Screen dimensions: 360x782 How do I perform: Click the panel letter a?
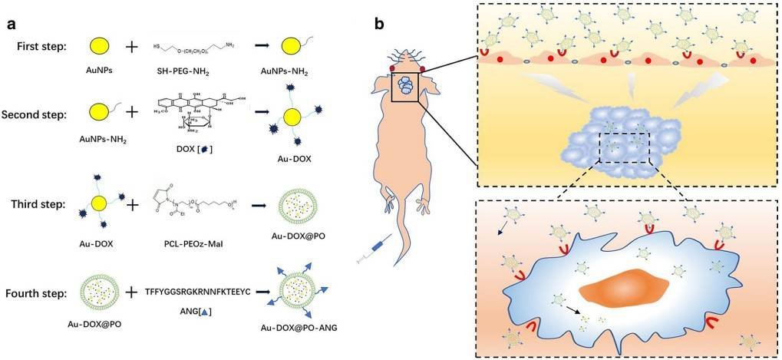click(x=12, y=23)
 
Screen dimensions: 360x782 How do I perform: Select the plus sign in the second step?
click(x=131, y=113)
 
